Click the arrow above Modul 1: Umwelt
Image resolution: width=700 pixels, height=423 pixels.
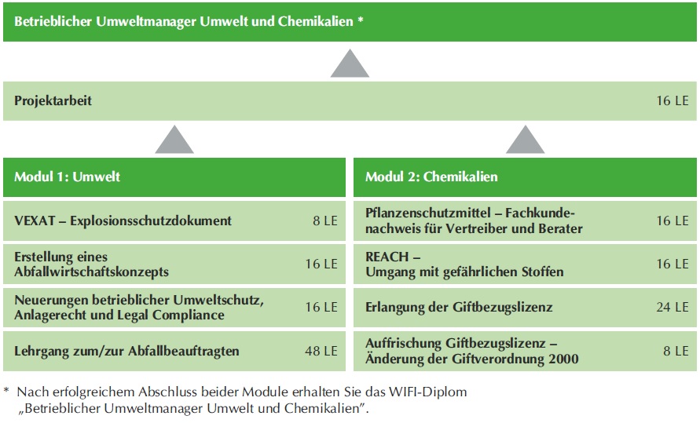click(x=174, y=140)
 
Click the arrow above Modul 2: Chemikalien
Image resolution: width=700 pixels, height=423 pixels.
click(x=526, y=140)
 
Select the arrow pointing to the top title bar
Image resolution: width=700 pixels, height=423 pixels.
click(x=350, y=64)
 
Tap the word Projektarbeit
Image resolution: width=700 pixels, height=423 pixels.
click(x=53, y=100)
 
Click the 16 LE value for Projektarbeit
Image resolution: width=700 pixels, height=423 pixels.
click(x=673, y=100)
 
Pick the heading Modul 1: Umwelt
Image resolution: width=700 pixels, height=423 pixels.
click(x=67, y=177)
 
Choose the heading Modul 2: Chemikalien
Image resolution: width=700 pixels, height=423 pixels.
click(x=431, y=177)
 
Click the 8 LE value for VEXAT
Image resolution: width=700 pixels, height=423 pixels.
click(x=325, y=221)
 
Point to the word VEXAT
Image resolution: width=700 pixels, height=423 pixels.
click(x=35, y=221)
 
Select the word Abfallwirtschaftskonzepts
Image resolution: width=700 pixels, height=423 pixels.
click(x=91, y=272)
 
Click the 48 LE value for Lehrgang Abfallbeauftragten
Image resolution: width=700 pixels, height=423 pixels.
click(x=321, y=351)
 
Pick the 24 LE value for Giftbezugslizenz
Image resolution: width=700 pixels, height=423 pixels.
click(x=673, y=307)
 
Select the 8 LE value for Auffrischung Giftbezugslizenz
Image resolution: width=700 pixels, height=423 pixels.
click(x=676, y=351)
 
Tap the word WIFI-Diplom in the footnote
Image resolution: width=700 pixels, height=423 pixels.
click(x=427, y=392)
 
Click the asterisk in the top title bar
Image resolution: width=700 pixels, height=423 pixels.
click(x=361, y=20)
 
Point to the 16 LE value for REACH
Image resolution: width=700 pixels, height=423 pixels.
click(x=673, y=264)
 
